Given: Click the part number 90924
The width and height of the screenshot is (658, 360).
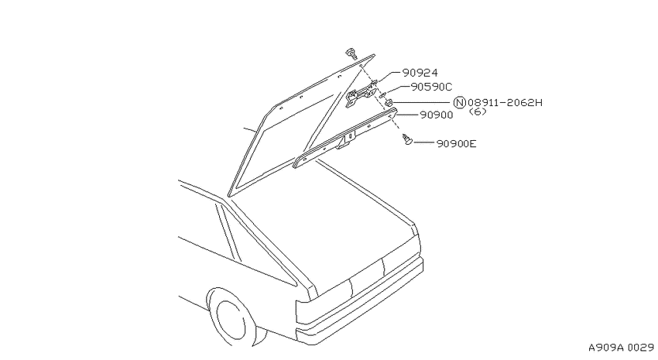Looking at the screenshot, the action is (x=420, y=73).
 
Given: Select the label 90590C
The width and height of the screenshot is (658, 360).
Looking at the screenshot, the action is (x=431, y=87).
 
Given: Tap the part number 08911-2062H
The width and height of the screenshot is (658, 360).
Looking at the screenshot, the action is (x=505, y=102).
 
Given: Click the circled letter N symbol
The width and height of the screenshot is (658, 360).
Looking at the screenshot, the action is (x=461, y=103).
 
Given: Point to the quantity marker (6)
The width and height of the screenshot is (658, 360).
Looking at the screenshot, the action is (x=477, y=111).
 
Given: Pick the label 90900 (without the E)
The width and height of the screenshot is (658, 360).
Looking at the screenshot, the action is (x=437, y=115).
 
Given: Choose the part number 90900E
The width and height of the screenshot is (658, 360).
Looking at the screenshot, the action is (x=456, y=144).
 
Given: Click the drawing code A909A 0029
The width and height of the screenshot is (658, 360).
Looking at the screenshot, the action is (x=621, y=348).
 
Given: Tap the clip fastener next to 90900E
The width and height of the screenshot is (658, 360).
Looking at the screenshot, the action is (x=407, y=140).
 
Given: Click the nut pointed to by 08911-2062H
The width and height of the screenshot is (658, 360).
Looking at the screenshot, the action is (x=389, y=102).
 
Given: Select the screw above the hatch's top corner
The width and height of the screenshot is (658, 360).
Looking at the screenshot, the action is (x=351, y=53).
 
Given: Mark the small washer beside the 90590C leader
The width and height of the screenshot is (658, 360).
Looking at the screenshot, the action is (x=382, y=95).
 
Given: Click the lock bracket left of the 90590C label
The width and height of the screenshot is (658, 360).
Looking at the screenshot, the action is (x=360, y=94).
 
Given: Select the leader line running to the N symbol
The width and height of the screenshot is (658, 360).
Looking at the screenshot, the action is (x=423, y=102).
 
